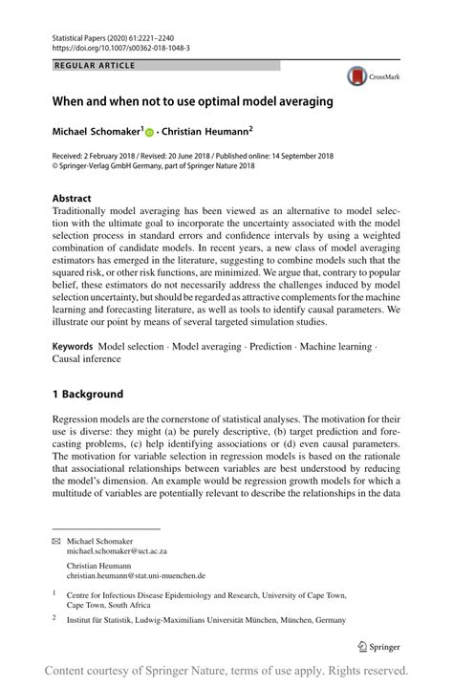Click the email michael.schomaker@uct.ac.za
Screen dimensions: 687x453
(x=117, y=551)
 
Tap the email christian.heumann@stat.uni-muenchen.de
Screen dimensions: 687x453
(x=136, y=576)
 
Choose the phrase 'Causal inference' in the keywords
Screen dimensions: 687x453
(x=87, y=359)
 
